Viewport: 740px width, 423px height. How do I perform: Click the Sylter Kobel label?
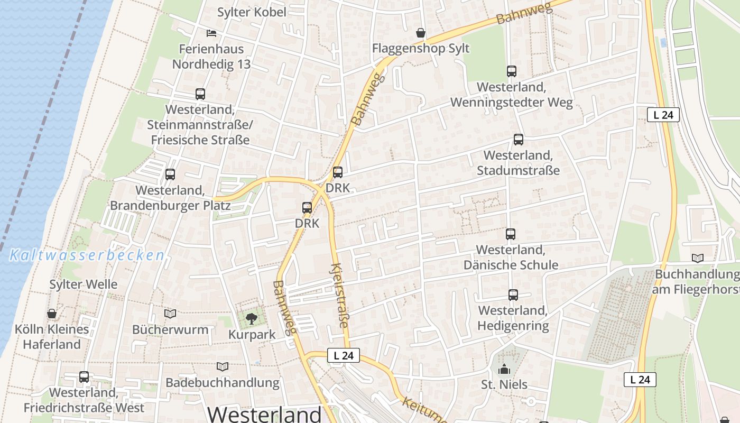[252, 12]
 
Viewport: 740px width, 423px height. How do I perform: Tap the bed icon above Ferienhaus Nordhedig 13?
[211, 33]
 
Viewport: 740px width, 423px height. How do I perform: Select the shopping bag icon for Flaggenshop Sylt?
[421, 33]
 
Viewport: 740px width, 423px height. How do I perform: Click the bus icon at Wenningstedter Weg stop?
[511, 71]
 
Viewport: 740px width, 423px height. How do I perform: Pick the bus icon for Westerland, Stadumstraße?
[518, 140]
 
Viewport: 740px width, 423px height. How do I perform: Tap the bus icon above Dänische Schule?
[510, 234]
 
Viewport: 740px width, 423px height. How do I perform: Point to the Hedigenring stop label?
[513, 318]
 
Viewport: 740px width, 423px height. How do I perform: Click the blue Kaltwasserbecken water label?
[87, 256]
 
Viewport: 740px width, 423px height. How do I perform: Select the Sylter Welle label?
[84, 284]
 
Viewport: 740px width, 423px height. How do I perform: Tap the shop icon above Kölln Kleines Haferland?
[52, 314]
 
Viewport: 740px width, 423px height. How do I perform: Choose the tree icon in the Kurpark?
[252, 318]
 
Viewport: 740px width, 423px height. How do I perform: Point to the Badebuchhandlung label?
[223, 382]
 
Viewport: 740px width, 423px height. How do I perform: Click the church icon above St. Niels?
[504, 369]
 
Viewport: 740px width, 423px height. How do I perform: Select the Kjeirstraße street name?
[340, 295]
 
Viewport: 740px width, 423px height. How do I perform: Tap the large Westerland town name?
[264, 413]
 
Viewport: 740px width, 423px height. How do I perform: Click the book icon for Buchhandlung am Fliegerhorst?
[698, 258]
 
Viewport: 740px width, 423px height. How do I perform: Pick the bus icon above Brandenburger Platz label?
[170, 174]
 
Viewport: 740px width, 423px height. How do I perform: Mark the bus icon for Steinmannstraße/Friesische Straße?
[200, 94]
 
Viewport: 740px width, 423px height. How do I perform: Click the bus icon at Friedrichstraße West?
[84, 377]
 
